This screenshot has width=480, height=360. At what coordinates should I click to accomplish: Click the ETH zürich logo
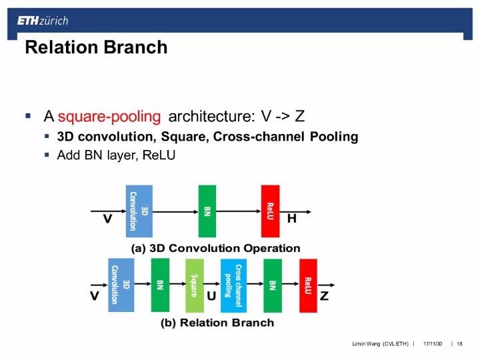pyautogui.click(x=43, y=21)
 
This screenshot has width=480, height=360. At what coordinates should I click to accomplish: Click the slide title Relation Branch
pyautogui.click(x=96, y=48)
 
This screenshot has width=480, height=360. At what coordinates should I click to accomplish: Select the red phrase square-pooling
pyautogui.click(x=109, y=117)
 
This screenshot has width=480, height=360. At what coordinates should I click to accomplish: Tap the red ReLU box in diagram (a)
pyautogui.click(x=270, y=211)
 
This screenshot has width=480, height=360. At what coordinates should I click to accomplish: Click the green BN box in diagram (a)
pyautogui.click(x=207, y=211)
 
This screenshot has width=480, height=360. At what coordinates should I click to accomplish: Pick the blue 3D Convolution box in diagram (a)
pyautogui.click(x=139, y=211)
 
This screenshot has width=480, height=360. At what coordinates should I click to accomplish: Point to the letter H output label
pyautogui.click(x=291, y=219)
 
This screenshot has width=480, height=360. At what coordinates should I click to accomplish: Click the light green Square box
pyautogui.click(x=195, y=285)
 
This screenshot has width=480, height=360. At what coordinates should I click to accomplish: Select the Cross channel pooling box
pyautogui.click(x=234, y=285)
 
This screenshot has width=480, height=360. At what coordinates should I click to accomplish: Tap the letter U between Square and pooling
pyautogui.click(x=211, y=297)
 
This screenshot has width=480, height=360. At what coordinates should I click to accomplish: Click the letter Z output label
pyautogui.click(x=325, y=297)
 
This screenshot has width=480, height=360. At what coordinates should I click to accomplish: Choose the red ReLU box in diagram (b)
pyautogui.click(x=308, y=285)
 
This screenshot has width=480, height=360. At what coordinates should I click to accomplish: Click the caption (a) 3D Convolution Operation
pyautogui.click(x=215, y=249)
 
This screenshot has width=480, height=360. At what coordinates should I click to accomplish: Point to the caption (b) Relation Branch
pyautogui.click(x=217, y=323)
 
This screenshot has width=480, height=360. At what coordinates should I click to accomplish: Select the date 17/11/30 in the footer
pyautogui.click(x=433, y=343)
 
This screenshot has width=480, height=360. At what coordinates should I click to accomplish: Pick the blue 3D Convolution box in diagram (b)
pyautogui.click(x=121, y=285)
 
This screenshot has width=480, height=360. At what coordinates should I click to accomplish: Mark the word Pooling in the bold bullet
pyautogui.click(x=334, y=137)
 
